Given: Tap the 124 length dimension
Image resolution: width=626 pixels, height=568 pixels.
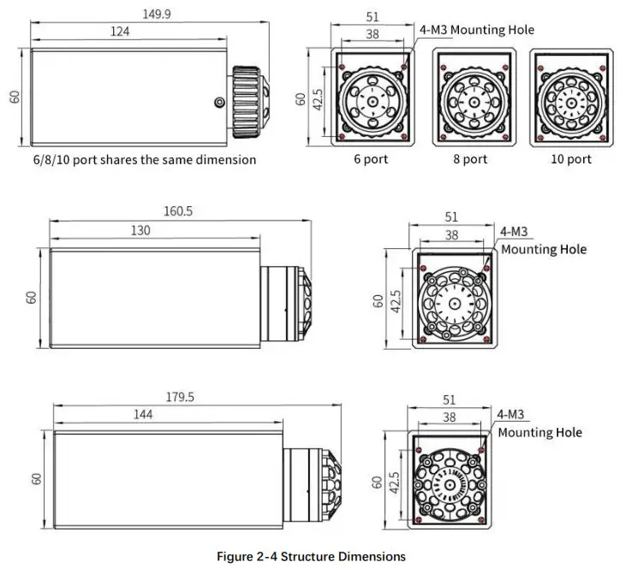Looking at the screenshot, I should point(120,32).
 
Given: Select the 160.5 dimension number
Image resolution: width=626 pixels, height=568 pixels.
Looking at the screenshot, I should point(178,211).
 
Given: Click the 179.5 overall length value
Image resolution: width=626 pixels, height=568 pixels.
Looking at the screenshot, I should point(181,396).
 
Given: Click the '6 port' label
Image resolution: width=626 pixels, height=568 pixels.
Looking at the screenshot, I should point(371,159).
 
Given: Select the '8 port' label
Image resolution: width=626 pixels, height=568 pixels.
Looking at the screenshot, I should point(470,159).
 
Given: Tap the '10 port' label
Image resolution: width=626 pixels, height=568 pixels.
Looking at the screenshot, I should point(571,159).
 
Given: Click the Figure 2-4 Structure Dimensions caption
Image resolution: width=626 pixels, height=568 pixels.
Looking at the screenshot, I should point(311,556).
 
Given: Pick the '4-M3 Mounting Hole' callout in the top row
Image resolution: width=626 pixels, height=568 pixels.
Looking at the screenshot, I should point(476,30).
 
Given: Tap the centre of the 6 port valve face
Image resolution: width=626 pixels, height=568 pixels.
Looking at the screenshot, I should point(373,100).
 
